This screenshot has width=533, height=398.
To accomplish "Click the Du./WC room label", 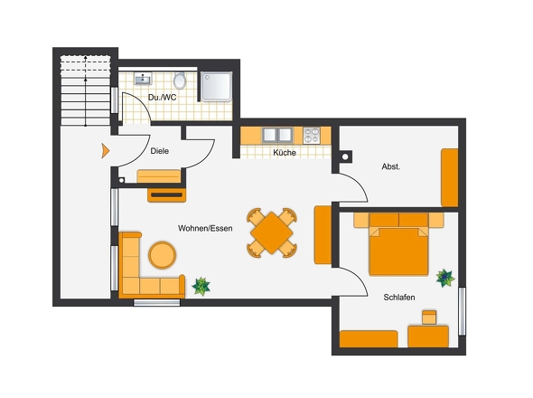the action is pos(162,98).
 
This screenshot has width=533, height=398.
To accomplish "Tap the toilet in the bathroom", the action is pos(180,81).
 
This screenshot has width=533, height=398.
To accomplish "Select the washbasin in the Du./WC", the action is pos(143,79).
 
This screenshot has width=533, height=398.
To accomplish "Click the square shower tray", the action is pos(216,87).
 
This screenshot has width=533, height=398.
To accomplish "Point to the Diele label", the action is pos(159,151).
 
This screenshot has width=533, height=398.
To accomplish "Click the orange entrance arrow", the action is pos(106,151).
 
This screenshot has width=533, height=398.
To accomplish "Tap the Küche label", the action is pos(285,153).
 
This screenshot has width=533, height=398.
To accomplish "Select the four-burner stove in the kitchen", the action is pos(312,136).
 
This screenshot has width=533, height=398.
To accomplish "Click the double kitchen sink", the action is pos(277,135).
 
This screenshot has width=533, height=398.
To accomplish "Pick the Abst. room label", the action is pos(391,166).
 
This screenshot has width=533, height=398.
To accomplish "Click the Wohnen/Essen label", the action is pos(205,228).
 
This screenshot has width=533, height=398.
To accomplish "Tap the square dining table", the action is pos(272,232).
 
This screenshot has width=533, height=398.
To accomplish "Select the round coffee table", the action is pos(162,255).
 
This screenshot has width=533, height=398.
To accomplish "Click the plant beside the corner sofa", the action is pos(201,287).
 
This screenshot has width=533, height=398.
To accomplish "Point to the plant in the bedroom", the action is pos(445,279).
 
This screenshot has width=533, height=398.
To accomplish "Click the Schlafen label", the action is pos(399,298).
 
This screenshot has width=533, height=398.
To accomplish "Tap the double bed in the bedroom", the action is pos(398,243).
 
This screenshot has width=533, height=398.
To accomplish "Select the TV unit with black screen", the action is pos(166,195).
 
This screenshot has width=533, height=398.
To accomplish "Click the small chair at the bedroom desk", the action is pos(429,317).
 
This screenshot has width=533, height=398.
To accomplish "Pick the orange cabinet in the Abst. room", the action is pos(449,177).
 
